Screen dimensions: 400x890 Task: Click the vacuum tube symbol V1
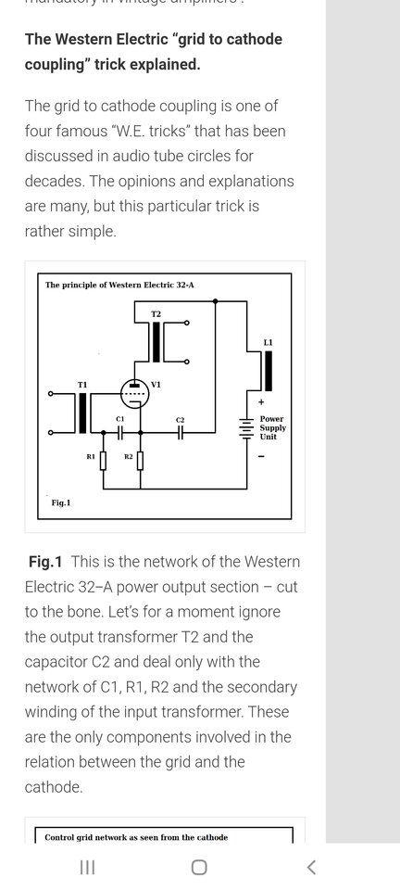click(134, 392)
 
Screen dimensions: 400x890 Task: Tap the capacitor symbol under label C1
click(119, 433)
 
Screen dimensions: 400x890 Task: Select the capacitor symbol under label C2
click(180, 433)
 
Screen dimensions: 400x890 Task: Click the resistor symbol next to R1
click(103, 461)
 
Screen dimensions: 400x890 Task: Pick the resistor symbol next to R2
click(141, 461)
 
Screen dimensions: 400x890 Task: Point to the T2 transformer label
click(156, 314)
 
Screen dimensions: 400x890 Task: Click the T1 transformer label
click(82, 385)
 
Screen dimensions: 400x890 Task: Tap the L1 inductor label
click(268, 343)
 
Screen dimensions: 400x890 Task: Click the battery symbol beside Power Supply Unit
click(246, 428)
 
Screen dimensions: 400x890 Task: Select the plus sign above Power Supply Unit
click(261, 401)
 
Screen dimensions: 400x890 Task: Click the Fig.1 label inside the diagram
click(60, 502)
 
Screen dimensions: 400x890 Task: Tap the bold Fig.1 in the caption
click(45, 562)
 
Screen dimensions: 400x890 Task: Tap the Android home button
click(199, 868)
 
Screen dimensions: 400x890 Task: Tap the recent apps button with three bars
click(87, 868)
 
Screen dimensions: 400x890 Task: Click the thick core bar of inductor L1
click(269, 371)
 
